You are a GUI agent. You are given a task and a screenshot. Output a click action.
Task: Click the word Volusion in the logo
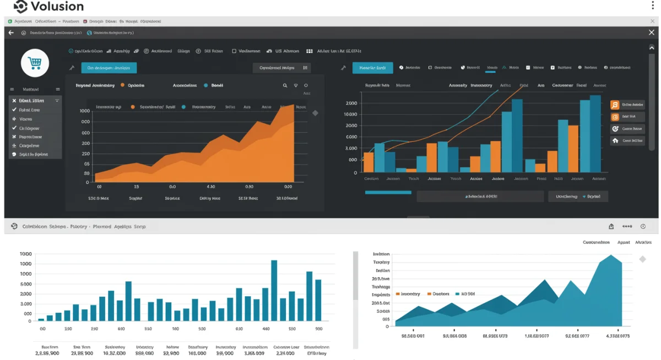coord(57,7)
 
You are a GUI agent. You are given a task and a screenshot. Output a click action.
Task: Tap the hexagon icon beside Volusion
coord(20,7)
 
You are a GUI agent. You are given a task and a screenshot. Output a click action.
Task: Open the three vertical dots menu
coord(653,6)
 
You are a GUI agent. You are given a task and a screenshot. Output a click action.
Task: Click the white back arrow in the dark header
coord(11,33)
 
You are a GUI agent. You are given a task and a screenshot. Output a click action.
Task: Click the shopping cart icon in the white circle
coord(35,63)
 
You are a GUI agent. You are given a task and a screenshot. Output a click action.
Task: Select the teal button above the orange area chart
coord(109,68)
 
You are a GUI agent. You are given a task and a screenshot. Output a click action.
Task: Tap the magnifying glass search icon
coord(285,86)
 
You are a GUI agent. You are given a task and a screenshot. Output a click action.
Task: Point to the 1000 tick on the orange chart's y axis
coord(85,111)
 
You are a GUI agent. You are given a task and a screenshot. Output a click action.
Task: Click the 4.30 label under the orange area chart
coord(210,187)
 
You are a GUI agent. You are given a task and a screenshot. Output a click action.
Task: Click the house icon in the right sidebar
coord(615,140)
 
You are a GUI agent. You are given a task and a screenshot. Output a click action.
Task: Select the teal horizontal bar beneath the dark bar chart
coord(388,193)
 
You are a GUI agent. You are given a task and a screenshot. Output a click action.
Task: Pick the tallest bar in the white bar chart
coord(274,290)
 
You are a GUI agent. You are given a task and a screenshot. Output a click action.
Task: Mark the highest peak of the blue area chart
coord(610,256)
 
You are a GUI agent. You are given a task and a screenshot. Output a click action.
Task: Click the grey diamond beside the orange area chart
coord(315,113)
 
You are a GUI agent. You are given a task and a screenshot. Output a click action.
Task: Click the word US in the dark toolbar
coord(279,51)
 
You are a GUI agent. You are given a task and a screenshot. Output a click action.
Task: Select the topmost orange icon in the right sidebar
coord(615,105)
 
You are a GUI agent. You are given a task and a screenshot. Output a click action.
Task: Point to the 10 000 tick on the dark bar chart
coord(350,114)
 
